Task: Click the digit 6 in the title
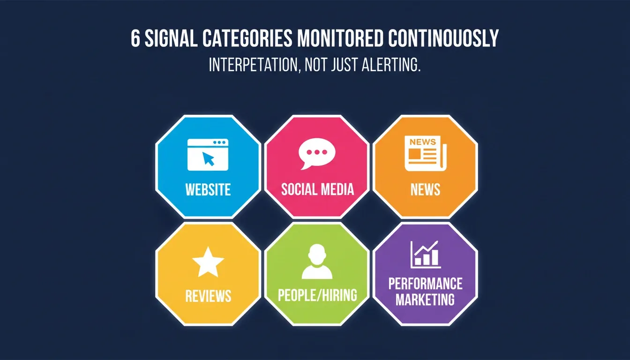point(135,38)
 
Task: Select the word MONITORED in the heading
point(340,38)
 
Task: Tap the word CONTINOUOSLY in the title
point(443,38)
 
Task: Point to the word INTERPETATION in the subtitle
point(253,65)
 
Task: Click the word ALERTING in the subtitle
point(391,65)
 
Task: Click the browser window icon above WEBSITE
point(208,154)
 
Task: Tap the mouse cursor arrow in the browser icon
point(209,159)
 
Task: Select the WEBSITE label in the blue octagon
point(208,189)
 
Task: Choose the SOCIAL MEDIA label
point(317,189)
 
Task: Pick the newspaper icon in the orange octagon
point(426,154)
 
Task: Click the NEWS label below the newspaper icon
point(425,189)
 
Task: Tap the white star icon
point(208,262)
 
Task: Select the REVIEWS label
point(208,296)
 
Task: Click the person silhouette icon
point(317,261)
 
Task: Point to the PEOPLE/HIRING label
point(317,295)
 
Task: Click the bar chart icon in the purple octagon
point(426,254)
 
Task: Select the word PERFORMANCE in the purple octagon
point(426,284)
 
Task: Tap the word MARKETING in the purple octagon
point(425,299)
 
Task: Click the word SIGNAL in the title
point(171,38)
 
